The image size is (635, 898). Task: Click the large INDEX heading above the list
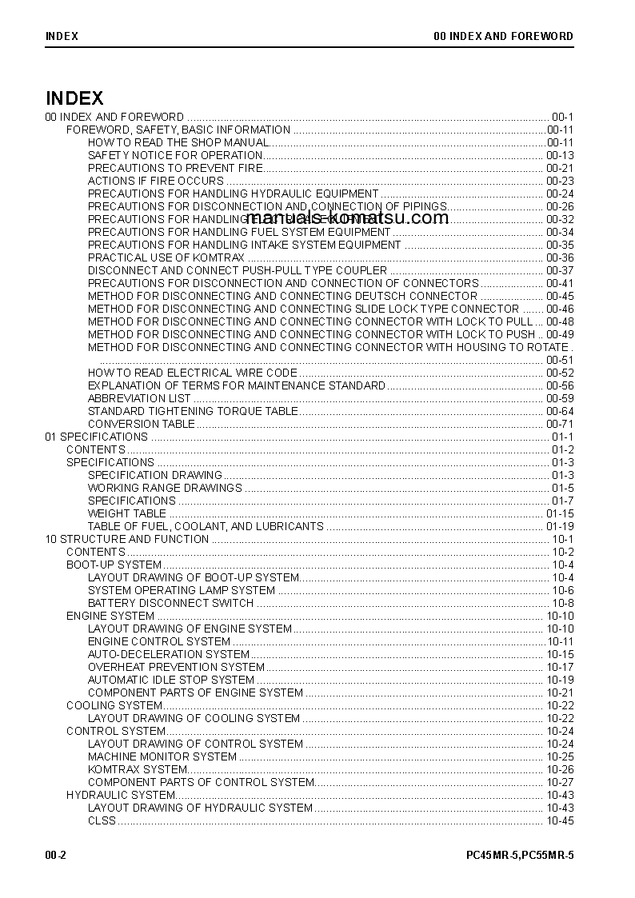(x=74, y=98)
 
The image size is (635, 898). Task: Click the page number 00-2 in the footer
(x=55, y=855)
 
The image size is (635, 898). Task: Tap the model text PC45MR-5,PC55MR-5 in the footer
(x=520, y=855)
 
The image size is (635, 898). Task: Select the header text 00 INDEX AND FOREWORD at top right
(x=503, y=36)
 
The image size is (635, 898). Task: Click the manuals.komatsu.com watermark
(x=347, y=218)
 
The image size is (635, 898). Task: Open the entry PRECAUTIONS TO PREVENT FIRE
(x=174, y=168)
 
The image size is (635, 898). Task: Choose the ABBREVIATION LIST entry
(x=139, y=398)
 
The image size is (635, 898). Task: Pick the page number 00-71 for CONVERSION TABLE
(x=560, y=424)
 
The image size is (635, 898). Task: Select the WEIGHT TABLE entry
(x=126, y=513)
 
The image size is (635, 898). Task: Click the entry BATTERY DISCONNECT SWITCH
(x=170, y=603)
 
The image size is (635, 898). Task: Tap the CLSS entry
(x=102, y=820)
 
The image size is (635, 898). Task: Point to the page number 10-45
(x=560, y=820)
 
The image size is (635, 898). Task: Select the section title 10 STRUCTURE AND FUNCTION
(x=127, y=539)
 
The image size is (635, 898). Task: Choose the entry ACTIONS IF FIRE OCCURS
(x=155, y=181)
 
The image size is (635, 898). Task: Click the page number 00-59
(x=560, y=398)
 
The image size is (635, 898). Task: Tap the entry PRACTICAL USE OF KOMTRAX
(x=166, y=257)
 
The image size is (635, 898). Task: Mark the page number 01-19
(x=560, y=526)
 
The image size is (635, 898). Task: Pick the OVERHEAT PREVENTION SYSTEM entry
(x=176, y=667)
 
